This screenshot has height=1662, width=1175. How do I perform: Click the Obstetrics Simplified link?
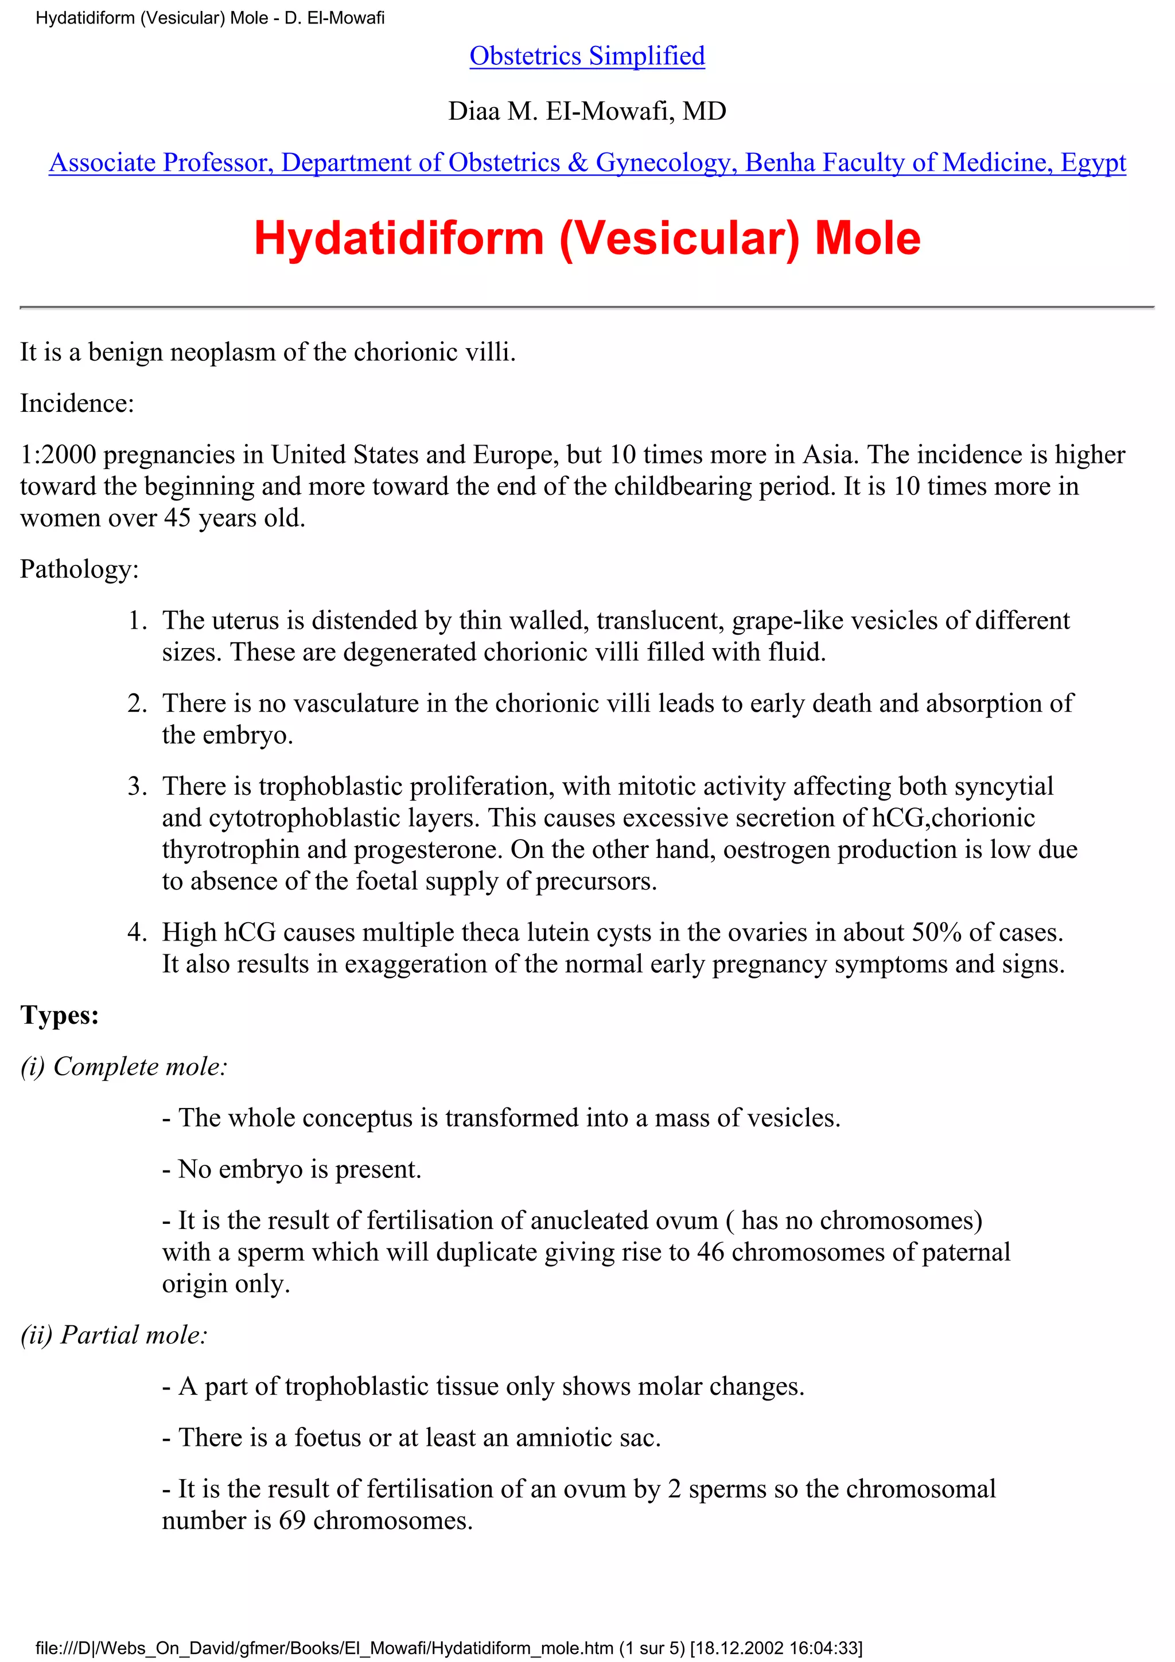pyautogui.click(x=586, y=56)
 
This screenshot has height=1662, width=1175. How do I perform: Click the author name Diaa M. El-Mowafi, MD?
pyautogui.click(x=586, y=111)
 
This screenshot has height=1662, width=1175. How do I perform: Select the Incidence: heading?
pyautogui.click(x=77, y=403)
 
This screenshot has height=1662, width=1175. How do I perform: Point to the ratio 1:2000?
pyautogui.click(x=58, y=455)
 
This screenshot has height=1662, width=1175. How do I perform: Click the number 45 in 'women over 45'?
pyautogui.click(x=177, y=517)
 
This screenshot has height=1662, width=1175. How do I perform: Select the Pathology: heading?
pyautogui.click(x=79, y=569)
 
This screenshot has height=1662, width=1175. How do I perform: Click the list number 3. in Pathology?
pyautogui.click(x=137, y=786)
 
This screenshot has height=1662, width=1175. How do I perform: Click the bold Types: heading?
pyautogui.click(x=59, y=1015)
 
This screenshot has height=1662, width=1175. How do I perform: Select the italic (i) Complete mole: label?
pyautogui.click(x=124, y=1066)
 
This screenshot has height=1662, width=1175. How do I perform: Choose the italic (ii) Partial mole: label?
pyautogui.click(x=114, y=1334)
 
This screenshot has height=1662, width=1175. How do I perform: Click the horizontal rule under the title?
pyautogui.click(x=586, y=307)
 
